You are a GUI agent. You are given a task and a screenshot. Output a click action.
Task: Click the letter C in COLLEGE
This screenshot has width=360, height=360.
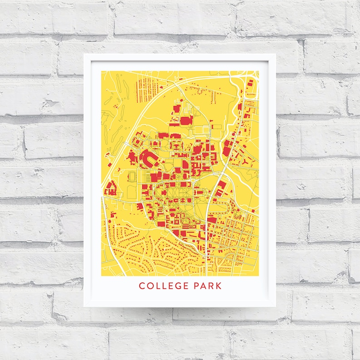pos(141,286)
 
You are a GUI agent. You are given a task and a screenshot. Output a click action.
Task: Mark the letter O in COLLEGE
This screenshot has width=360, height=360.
pos(149,286)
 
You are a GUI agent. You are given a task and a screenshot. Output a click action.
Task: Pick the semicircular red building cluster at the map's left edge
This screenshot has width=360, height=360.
pos(110,188)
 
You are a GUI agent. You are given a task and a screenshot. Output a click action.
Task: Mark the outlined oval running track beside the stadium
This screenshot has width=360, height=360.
pos(133,175)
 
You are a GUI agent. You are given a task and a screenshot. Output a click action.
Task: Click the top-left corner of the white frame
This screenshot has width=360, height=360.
pos(84,54)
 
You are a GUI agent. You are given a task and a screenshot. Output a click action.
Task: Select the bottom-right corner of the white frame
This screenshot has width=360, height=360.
pos(275,306)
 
